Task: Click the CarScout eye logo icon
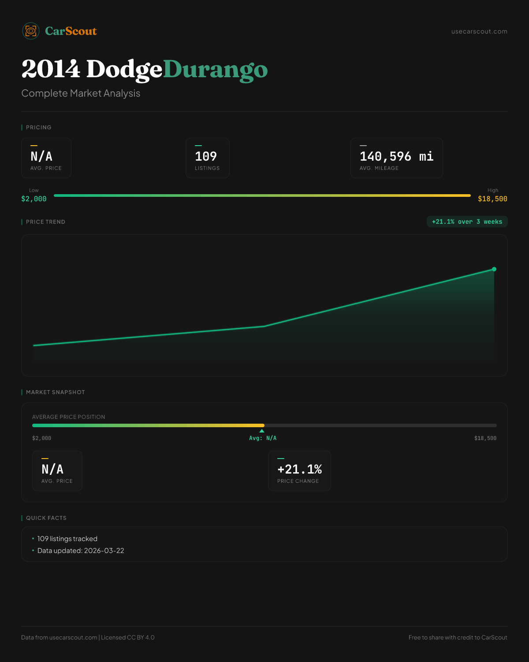click(31, 31)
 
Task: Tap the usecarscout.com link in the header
click(479, 31)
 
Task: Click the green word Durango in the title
click(215, 70)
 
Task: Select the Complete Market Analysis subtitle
click(81, 93)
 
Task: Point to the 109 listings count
click(206, 156)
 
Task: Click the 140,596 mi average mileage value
click(396, 156)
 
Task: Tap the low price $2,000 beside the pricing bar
click(34, 199)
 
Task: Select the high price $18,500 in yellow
click(492, 199)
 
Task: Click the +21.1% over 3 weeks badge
click(467, 222)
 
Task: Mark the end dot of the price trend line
click(494, 269)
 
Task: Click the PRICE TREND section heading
click(45, 222)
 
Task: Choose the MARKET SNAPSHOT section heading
click(55, 392)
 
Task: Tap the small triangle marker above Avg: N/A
click(262, 431)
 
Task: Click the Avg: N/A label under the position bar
click(263, 438)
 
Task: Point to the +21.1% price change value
click(299, 469)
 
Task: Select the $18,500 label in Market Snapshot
click(485, 438)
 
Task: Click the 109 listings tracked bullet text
click(67, 539)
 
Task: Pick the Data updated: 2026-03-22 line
click(81, 551)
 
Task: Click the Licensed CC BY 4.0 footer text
click(128, 637)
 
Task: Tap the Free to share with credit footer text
click(458, 637)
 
